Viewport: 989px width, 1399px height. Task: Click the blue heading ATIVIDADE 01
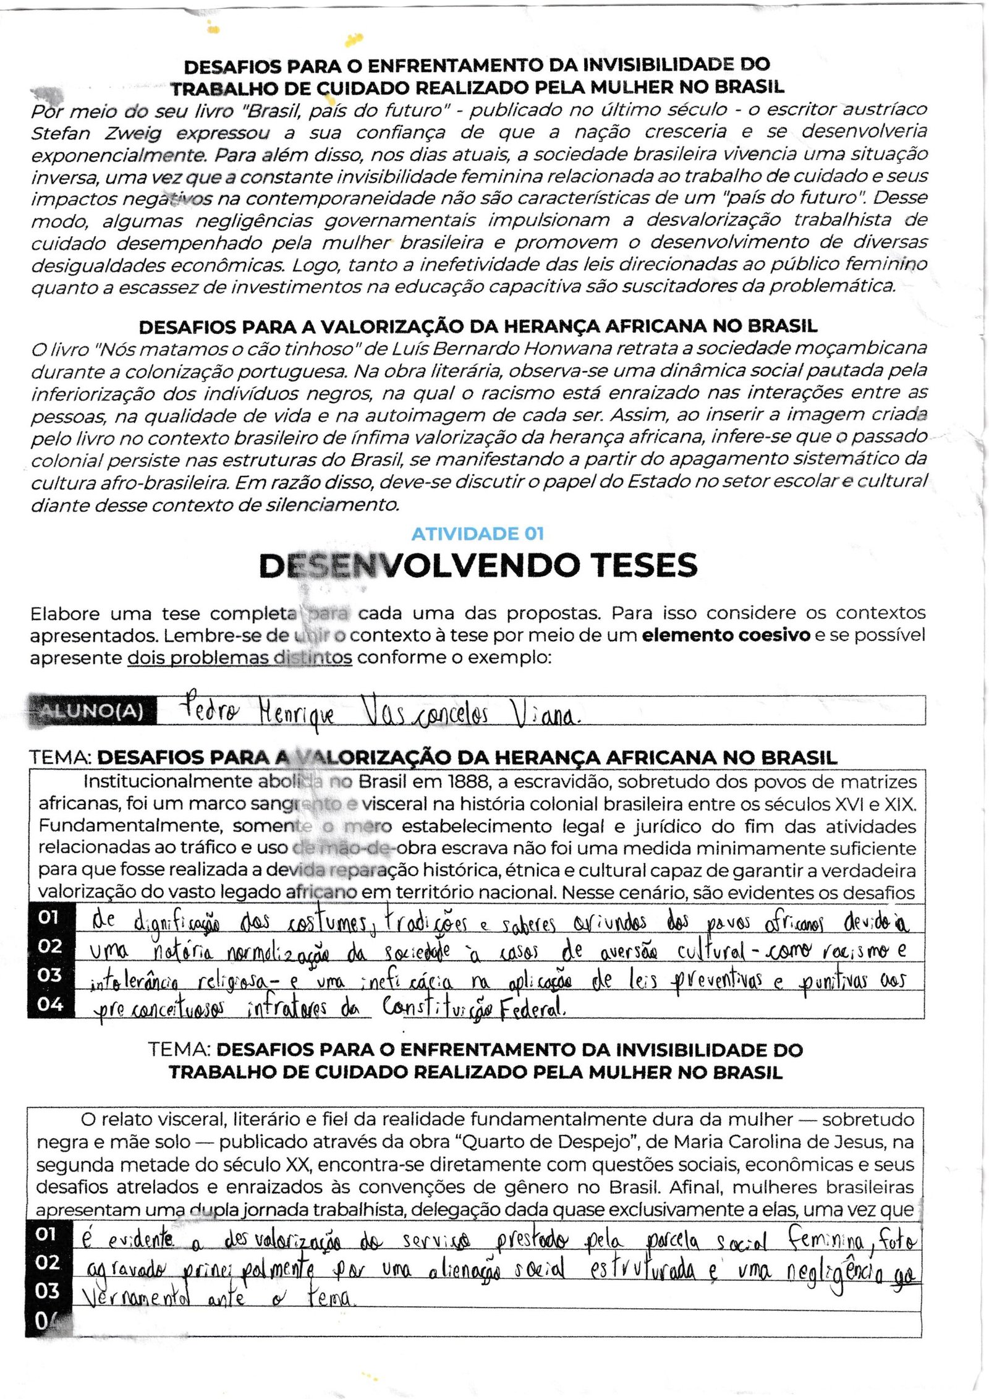coord(478,534)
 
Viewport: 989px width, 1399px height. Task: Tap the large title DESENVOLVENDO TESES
coord(478,565)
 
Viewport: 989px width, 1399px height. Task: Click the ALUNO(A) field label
coord(93,711)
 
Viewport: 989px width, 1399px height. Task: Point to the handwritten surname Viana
coord(543,715)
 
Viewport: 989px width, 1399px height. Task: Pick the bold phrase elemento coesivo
coord(726,636)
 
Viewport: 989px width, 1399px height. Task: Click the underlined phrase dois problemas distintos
coord(240,658)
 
